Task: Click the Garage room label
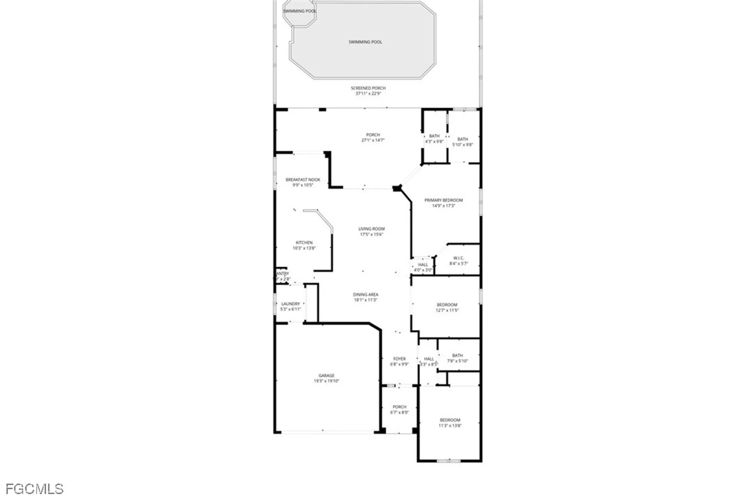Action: coord(326,376)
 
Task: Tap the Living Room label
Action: coord(371,229)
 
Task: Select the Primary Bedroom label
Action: coord(443,200)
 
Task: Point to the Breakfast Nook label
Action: coord(303,180)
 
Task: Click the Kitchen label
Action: coord(304,243)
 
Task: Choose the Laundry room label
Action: coord(290,304)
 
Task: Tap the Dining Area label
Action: coord(365,295)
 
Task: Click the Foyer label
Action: coord(399,359)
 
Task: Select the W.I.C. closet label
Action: coord(458,258)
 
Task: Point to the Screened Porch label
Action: coord(368,88)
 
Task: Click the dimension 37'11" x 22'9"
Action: coord(368,94)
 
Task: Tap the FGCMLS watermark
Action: coord(34,489)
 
